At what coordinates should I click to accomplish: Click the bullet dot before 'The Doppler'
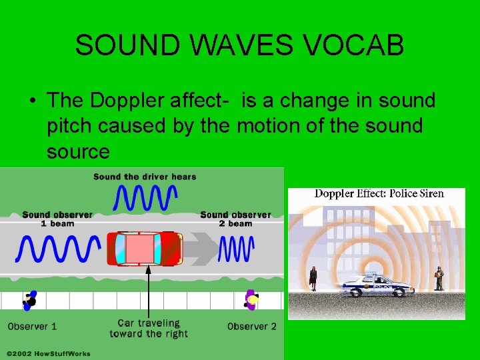[x=32, y=101]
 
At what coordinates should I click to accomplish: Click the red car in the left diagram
[x=147, y=249]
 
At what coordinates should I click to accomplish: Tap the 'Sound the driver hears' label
[x=145, y=177]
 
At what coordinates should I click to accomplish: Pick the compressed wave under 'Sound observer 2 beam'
[x=235, y=249]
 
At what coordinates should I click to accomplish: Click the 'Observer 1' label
[x=32, y=327]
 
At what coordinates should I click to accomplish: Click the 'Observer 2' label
[x=251, y=327]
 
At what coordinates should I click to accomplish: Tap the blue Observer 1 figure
[x=29, y=301]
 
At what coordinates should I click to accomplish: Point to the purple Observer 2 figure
[x=251, y=301]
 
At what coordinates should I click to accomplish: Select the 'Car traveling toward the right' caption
[x=149, y=328]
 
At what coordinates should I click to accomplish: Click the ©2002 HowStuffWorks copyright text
[x=48, y=353]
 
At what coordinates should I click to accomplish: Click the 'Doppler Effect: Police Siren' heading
[x=379, y=194]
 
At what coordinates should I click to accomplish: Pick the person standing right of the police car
[x=438, y=278]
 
